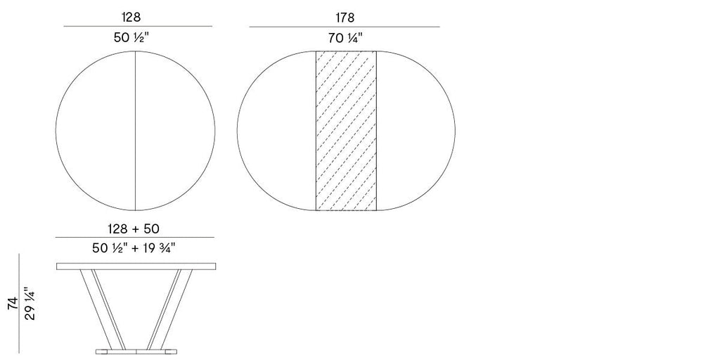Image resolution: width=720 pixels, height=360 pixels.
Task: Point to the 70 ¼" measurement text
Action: (x=345, y=39)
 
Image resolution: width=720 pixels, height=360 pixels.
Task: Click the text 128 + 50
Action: (x=134, y=229)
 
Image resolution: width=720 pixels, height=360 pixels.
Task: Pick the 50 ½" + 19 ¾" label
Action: (x=134, y=247)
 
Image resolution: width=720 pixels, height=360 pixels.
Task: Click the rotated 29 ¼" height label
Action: (x=30, y=303)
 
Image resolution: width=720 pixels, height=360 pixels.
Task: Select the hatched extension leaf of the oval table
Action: (x=345, y=131)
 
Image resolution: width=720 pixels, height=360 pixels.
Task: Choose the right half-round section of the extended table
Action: (x=415, y=131)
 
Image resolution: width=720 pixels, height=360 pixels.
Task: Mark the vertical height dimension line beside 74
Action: (x=19, y=303)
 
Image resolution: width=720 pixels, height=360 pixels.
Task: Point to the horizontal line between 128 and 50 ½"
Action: (x=138, y=26)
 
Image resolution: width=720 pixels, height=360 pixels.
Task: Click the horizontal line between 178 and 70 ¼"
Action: (x=345, y=27)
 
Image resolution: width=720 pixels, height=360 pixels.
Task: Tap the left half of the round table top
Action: (x=96, y=131)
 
